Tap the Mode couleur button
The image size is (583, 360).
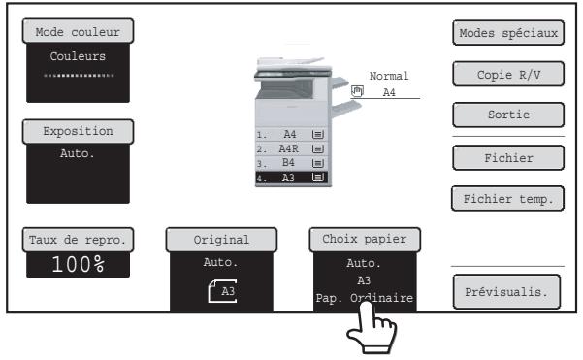tap(78, 31)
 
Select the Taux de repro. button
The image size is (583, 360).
tap(78, 240)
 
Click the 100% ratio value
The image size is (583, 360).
tap(78, 265)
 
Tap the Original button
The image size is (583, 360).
tap(221, 240)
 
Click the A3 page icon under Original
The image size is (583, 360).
tap(222, 291)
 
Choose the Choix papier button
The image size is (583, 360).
tap(365, 240)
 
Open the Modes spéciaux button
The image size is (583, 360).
tap(508, 33)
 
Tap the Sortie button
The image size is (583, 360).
tap(508, 115)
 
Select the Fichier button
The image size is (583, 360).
tap(508, 158)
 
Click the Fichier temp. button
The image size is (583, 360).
tap(508, 199)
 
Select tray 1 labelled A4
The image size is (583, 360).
tap(291, 134)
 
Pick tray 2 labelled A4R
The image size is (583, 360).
tap(291, 148)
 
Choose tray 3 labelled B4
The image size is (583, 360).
tap(291, 163)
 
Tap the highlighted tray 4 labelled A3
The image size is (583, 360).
tap(291, 178)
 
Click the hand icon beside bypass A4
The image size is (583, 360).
tap(357, 91)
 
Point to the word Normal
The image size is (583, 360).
tap(389, 76)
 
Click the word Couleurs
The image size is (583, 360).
tap(78, 56)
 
